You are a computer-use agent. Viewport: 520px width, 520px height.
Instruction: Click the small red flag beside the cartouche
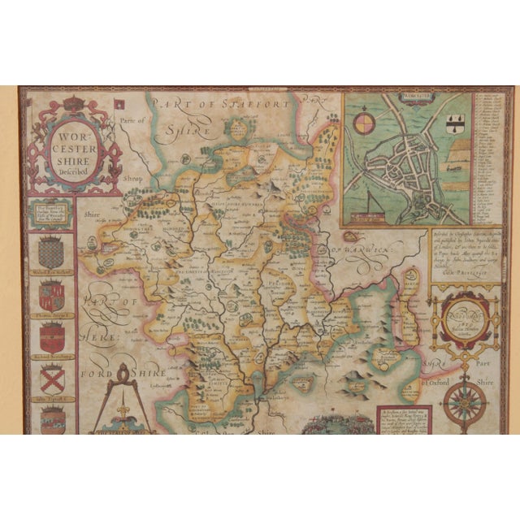click(x=121, y=104)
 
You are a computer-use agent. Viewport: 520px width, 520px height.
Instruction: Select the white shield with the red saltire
click(x=51, y=376)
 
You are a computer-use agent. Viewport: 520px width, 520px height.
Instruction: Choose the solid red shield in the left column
click(x=51, y=336)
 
